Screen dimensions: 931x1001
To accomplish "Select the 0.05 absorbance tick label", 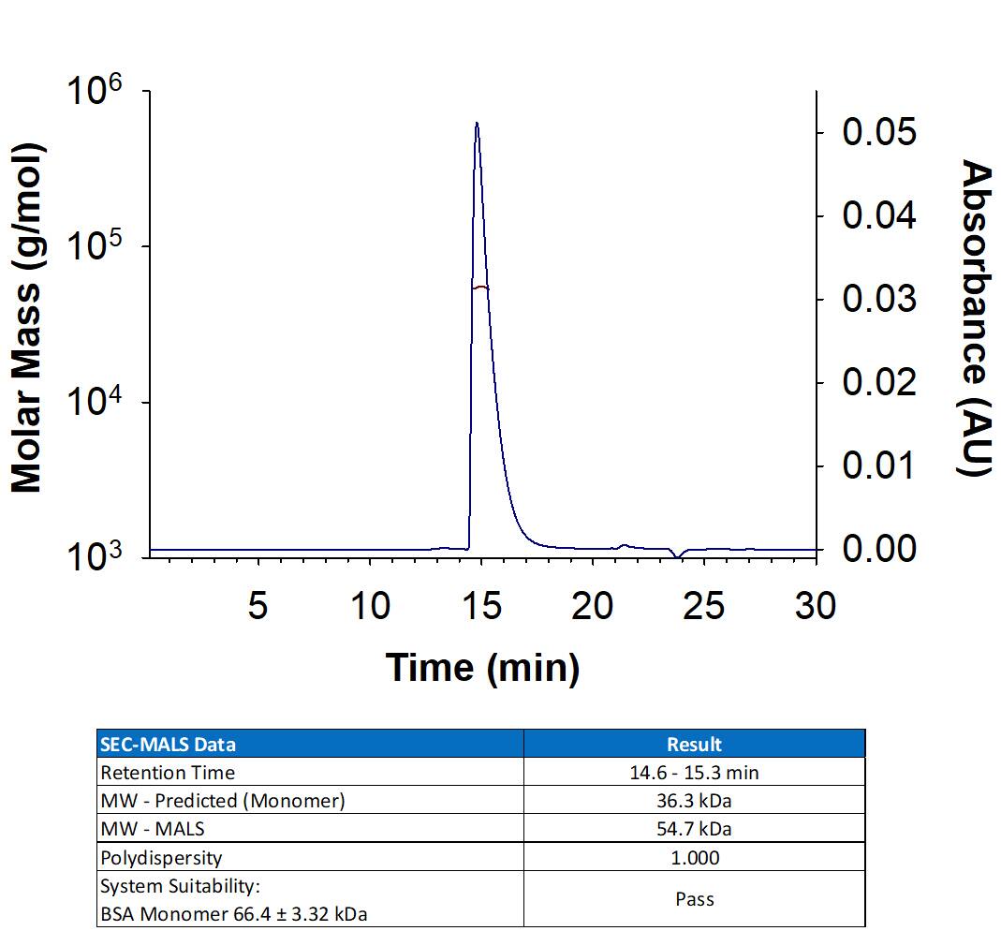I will coord(878,132).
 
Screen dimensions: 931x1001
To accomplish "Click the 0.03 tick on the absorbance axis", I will coord(878,299).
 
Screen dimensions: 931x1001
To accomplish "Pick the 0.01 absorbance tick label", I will coord(878,465).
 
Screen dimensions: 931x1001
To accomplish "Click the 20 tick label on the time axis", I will coord(593,606).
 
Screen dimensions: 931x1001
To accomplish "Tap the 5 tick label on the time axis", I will coord(258,606).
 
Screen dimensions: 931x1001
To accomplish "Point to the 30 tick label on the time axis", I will coord(815,606).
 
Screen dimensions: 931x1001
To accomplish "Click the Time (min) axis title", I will coord(482,668).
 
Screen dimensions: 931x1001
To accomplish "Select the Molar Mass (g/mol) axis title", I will coord(28,318).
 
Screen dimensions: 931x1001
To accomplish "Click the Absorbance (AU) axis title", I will coord(977,318).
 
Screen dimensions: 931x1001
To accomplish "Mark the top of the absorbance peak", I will coord(477,124).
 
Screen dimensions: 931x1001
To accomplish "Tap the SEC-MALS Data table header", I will coord(169,745).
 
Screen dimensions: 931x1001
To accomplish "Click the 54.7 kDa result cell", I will coord(694,829).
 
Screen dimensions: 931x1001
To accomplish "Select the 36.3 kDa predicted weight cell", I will coord(694,801).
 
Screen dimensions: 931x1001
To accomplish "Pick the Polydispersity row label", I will coord(161,857).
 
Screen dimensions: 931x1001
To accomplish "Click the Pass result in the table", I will coord(694,899).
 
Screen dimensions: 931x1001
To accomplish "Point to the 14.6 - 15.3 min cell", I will coord(694,773).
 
